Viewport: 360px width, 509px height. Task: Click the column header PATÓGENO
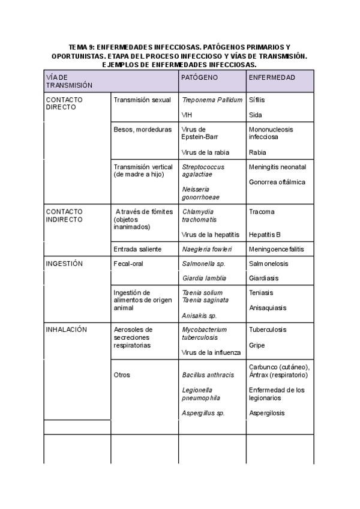point(200,77)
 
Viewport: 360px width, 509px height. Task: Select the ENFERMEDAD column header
point(272,77)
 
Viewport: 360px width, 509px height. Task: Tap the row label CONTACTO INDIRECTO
point(64,215)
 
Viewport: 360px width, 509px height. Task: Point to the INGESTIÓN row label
point(64,264)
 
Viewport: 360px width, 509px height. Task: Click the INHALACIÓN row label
point(67,330)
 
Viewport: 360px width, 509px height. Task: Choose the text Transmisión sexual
point(142,100)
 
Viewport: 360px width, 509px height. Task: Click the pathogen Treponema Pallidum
point(212,100)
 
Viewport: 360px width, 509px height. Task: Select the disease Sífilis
point(256,100)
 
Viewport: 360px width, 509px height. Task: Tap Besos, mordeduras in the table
point(142,129)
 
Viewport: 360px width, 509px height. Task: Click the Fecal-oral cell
point(128,264)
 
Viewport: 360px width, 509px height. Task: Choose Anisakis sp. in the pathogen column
point(199,315)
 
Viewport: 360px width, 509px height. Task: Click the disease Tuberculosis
point(268,330)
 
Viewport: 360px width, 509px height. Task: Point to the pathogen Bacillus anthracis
point(208,375)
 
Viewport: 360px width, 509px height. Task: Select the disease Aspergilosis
point(267,413)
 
